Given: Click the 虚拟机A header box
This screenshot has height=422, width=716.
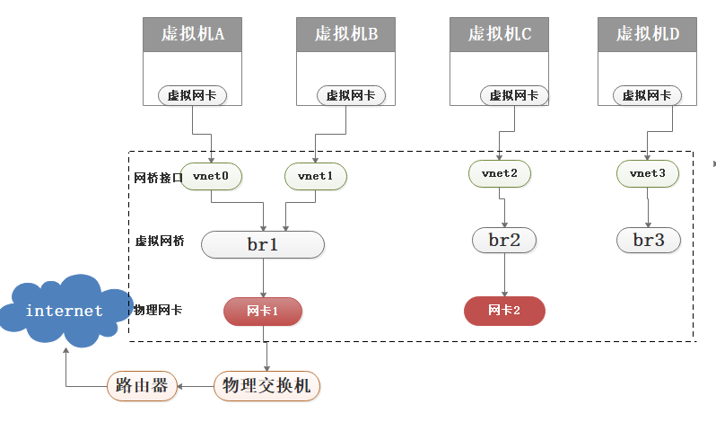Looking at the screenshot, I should coord(193,34).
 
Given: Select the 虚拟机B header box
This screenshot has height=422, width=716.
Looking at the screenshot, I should coord(345,34).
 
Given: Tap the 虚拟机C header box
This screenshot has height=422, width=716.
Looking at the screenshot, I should coord(499,34).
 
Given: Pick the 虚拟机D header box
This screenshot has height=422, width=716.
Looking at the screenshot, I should coord(647,34).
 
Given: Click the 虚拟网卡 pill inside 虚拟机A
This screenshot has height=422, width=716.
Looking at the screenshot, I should coord(193,95).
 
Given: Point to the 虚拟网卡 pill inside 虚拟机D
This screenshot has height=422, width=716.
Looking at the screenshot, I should coord(647,95).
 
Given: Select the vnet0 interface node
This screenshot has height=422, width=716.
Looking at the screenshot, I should coord(211,176).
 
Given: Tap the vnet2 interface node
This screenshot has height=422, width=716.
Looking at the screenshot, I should coord(499,171).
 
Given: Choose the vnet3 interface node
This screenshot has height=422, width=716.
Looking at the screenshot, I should coord(648,171).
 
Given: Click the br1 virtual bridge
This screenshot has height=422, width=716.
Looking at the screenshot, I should coord(262,244).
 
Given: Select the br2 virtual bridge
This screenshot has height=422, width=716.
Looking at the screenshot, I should coord(503,240).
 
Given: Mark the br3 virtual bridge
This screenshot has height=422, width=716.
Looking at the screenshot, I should coord(648,240).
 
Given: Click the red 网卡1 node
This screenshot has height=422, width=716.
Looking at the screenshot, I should coord(263,311).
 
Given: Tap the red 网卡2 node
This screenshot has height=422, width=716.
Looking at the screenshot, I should coord(504,311).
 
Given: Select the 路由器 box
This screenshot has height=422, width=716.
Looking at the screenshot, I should coord(142,386).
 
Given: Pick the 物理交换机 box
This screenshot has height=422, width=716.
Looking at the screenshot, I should coord(267,386).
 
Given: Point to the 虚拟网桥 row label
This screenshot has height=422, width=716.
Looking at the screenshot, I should coord(159,242).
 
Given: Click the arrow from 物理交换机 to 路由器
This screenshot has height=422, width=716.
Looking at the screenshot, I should coord(195,386).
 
